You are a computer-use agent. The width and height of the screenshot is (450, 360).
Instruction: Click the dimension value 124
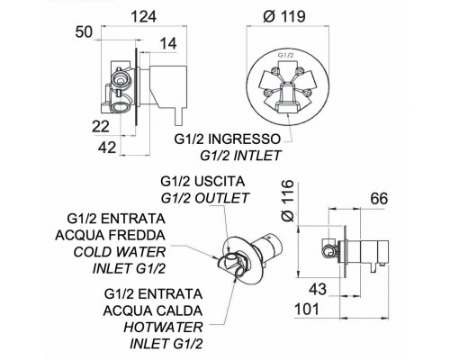[145, 16]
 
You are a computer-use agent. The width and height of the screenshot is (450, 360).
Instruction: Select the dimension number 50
[84, 32]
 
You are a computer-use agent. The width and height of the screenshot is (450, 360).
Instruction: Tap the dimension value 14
[168, 44]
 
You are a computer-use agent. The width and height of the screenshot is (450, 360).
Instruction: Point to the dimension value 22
[101, 127]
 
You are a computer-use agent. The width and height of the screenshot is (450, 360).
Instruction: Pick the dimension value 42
[107, 148]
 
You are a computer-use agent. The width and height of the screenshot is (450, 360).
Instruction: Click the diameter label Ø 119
[284, 16]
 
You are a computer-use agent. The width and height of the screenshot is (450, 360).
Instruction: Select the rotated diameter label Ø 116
[289, 201]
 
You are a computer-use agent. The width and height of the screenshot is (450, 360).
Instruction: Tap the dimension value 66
[379, 199]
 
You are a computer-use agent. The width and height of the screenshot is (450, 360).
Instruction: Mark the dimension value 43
[318, 290]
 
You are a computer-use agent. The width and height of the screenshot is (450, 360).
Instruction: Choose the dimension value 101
[307, 310]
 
